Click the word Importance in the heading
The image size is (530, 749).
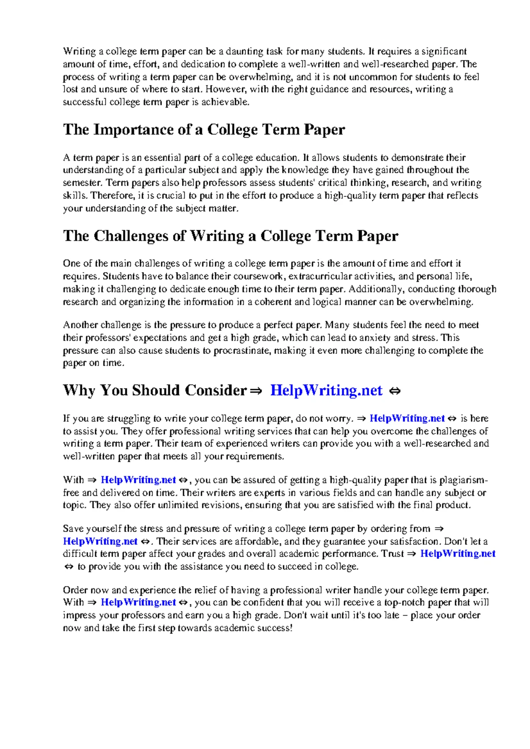pos(132,130)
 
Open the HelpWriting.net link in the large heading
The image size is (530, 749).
pos(326,390)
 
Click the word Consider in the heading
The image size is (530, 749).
pos(216,390)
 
